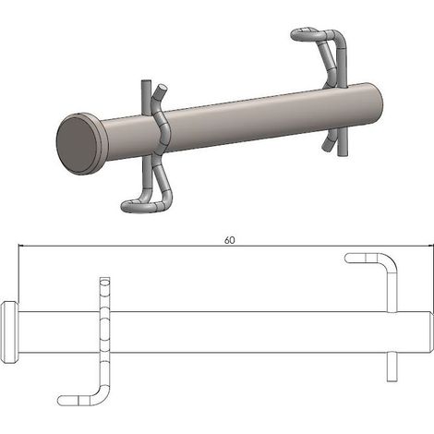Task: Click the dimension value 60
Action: [229, 240]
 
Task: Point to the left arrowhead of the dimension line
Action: [21, 246]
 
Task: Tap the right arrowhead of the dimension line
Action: [430, 246]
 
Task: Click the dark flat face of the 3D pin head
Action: [77, 145]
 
